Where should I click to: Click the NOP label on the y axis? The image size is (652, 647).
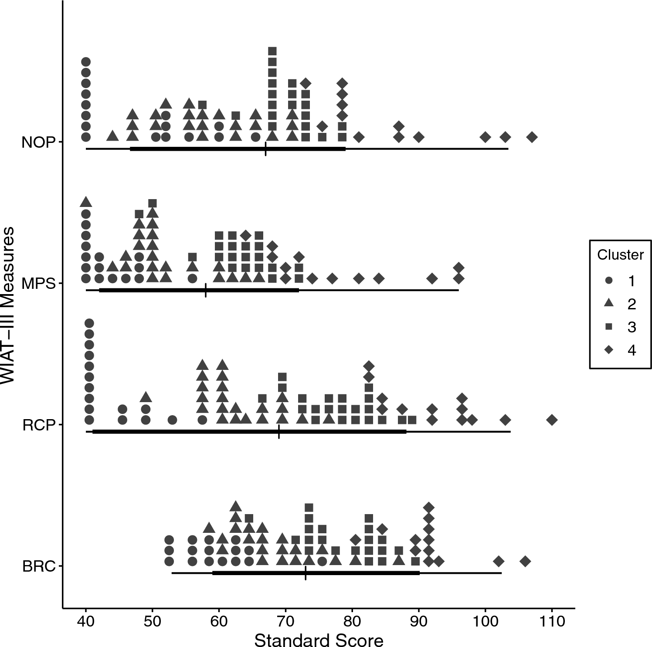click(38, 142)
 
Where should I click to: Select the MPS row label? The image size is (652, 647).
click(38, 284)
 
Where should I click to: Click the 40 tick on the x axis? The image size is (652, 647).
click(86, 620)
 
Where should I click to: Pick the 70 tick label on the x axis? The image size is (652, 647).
click(285, 620)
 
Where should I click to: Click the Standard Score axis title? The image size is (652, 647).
click(319, 640)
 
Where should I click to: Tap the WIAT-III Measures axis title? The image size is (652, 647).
click(8, 305)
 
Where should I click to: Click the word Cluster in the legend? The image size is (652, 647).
click(620, 254)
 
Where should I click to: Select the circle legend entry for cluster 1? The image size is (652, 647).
click(609, 281)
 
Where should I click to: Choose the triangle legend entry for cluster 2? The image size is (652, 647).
click(609, 304)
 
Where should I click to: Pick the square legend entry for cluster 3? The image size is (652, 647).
click(609, 327)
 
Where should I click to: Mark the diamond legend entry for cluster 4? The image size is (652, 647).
click(609, 350)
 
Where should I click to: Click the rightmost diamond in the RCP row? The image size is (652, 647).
click(552, 420)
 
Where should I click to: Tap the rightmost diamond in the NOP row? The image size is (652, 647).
click(532, 137)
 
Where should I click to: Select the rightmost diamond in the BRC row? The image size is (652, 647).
click(525, 561)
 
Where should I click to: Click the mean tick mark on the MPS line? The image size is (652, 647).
click(205, 290)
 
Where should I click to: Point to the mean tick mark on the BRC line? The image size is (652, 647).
click(306, 573)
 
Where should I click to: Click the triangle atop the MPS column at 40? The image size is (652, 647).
click(86, 202)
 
